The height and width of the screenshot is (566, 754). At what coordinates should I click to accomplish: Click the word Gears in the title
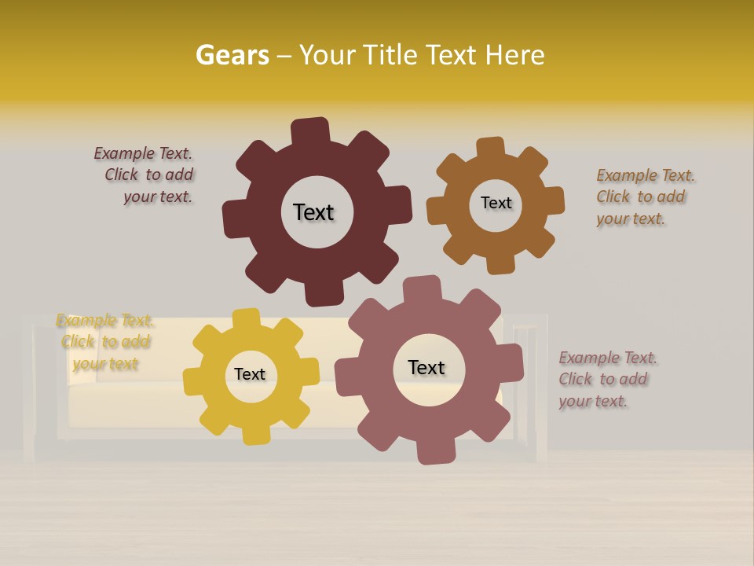[x=232, y=55]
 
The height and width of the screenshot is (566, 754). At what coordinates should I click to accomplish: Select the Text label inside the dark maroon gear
[x=313, y=212]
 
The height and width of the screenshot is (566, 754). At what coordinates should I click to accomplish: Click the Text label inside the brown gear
[x=496, y=203]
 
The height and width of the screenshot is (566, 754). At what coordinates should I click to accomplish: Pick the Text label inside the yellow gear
[x=250, y=374]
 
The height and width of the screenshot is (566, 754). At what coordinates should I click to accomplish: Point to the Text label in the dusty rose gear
[x=426, y=367]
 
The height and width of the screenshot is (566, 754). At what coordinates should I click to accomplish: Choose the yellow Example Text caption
[x=104, y=342]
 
